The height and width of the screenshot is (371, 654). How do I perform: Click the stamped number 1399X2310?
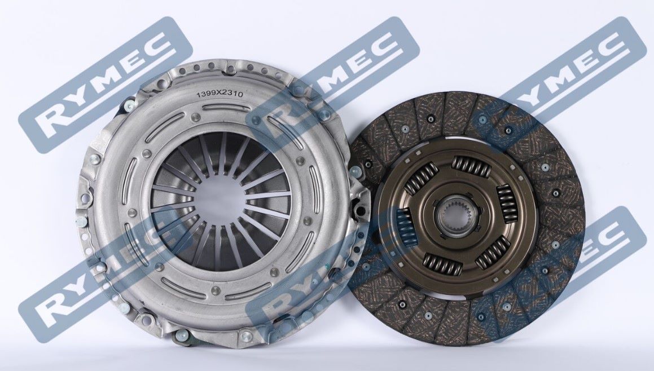coord(220,95)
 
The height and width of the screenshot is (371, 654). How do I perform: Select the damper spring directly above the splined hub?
coord(472,166)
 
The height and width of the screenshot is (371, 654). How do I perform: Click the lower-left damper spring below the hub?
coord(442,264)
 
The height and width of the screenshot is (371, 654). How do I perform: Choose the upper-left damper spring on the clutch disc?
coord(422,178)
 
